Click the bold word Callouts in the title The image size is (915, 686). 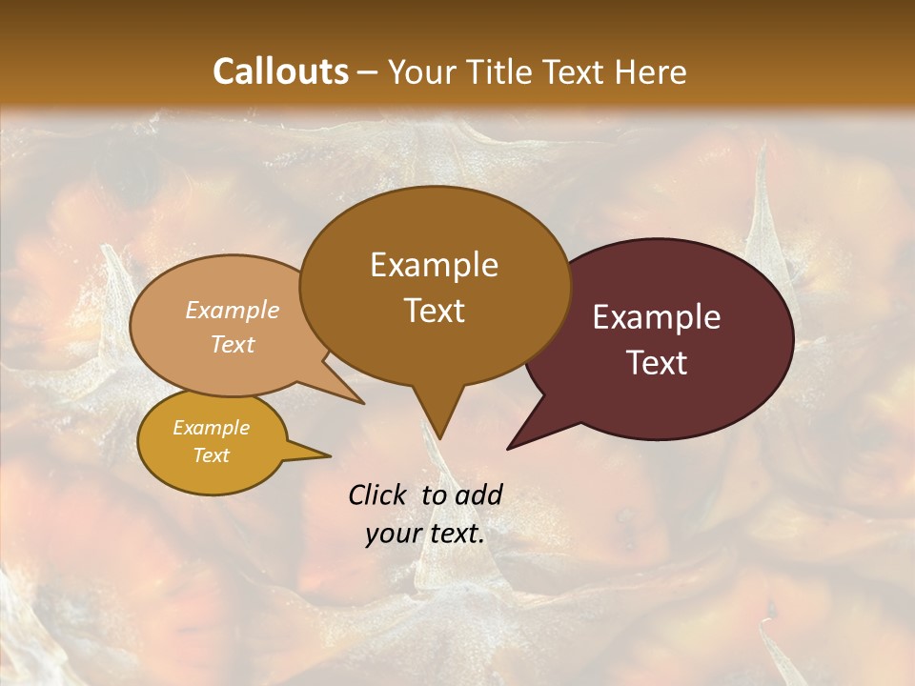[280, 71]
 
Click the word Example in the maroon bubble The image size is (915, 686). [657, 317]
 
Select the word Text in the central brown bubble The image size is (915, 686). [435, 311]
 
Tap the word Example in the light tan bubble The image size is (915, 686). [232, 310]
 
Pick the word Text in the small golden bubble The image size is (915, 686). [211, 455]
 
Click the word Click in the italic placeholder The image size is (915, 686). [379, 494]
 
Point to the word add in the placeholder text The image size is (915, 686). [478, 494]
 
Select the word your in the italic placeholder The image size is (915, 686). [394, 534]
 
